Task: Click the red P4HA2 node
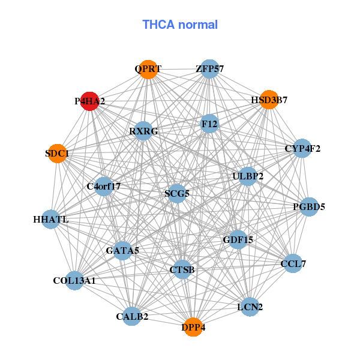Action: point(90,101)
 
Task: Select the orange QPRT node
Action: point(148,69)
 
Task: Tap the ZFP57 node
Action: point(209,69)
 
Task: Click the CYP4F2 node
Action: point(302,148)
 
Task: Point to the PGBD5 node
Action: point(309,207)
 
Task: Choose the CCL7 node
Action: point(293,263)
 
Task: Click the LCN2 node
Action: point(250,307)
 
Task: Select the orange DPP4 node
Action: point(193,327)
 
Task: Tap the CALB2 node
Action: point(132,316)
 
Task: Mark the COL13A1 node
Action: point(74,280)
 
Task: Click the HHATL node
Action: point(51,220)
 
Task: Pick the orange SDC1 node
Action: point(57,154)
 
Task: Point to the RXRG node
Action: point(143,131)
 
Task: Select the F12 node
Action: point(209,124)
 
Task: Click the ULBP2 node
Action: point(248,176)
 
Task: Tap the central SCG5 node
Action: point(177,194)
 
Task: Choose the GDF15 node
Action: point(238,239)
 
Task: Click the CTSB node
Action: point(182,269)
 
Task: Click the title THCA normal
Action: point(180,25)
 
